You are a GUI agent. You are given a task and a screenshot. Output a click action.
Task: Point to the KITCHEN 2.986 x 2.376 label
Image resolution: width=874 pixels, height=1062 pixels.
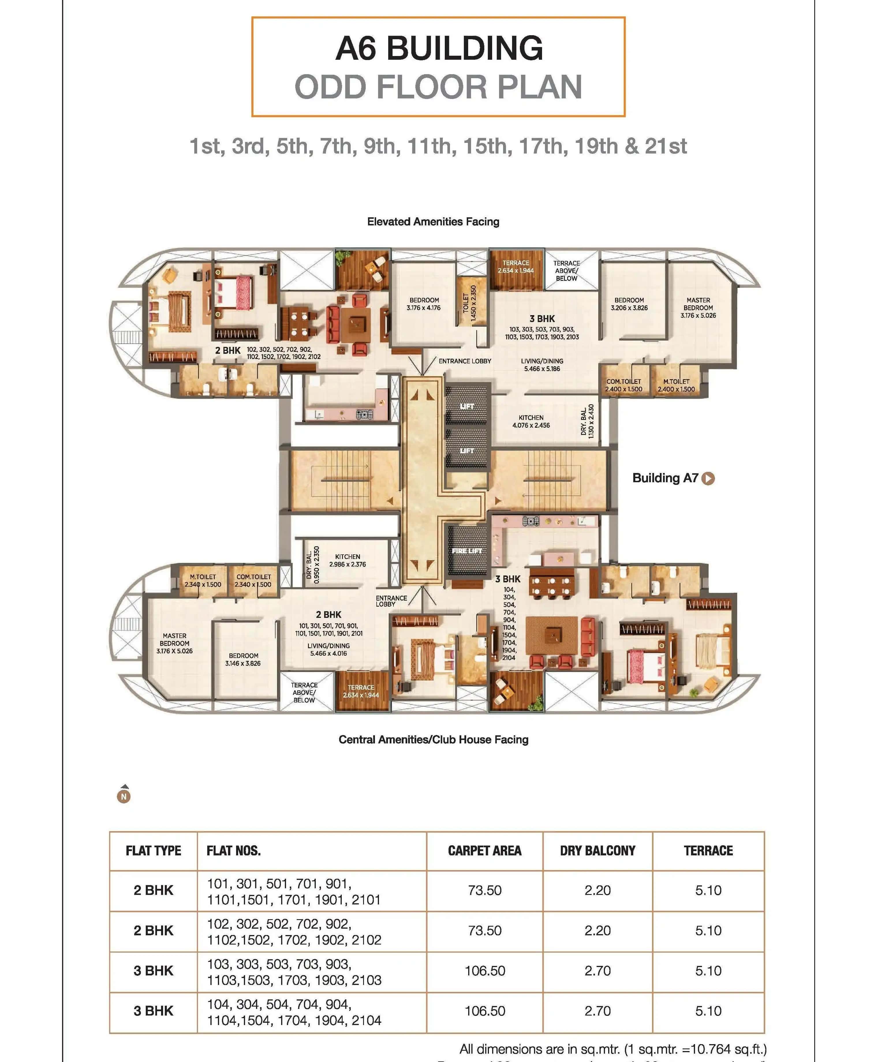[x=348, y=560]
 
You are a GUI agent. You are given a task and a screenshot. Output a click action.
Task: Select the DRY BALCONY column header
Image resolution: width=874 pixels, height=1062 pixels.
[x=597, y=850]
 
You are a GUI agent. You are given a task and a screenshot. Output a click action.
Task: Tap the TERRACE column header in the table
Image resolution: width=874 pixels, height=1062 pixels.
[x=708, y=850]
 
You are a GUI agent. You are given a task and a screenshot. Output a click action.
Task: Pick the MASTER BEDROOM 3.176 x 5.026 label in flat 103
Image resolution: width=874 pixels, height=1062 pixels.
[x=698, y=308]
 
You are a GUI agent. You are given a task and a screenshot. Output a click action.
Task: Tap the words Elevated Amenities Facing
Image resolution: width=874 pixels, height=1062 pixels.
[x=433, y=221]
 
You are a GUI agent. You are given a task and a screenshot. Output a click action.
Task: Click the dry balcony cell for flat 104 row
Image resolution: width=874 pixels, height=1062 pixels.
[x=597, y=1011]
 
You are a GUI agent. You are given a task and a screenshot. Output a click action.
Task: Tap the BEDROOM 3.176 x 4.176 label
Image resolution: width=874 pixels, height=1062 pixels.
[x=424, y=304]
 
